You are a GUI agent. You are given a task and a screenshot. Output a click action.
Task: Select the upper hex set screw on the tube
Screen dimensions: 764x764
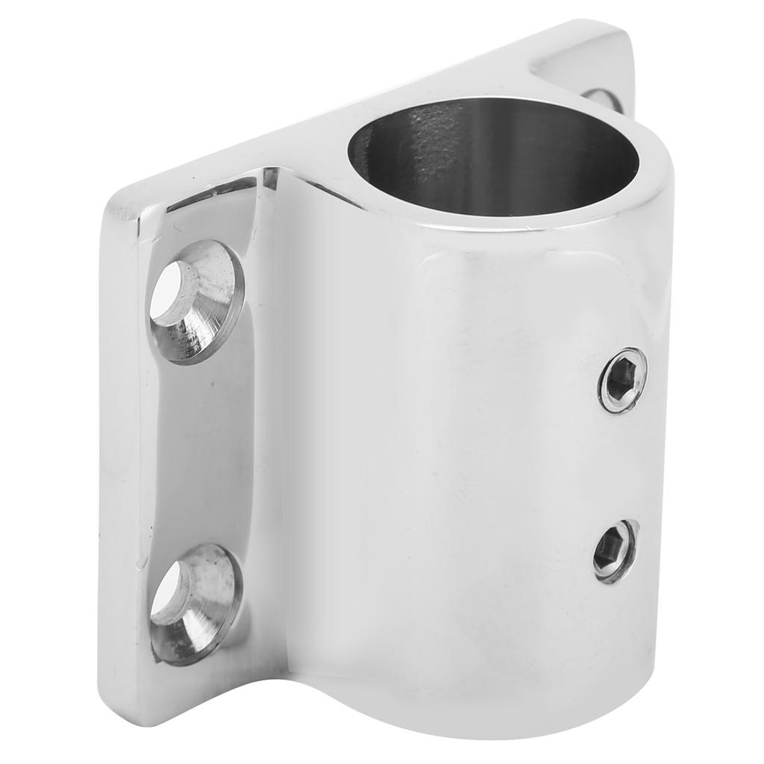click(x=622, y=380)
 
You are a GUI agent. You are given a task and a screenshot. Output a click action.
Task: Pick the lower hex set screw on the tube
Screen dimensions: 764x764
click(x=616, y=551)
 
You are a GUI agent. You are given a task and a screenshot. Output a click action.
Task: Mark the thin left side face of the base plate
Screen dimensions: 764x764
click(x=119, y=448)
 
